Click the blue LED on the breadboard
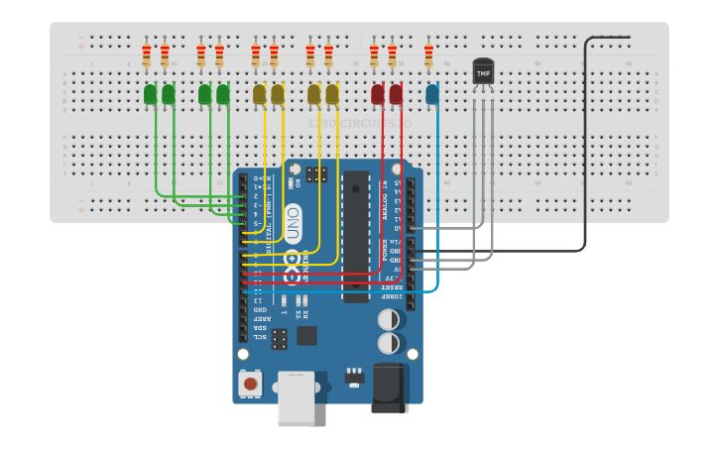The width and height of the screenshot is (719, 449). pos(431,94)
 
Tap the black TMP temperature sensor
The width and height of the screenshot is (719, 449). pos(483,74)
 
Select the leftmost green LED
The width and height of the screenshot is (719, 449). pos(150,94)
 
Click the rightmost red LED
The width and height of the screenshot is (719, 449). pos(396,94)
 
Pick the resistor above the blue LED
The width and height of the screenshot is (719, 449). pos(428,55)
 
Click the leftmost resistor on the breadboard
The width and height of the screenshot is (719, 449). pos(147,55)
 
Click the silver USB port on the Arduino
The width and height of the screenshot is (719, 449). pos(296,398)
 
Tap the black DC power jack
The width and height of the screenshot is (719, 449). pos(390,387)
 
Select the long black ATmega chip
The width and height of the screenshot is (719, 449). pos(356,236)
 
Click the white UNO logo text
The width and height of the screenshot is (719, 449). pos(294,224)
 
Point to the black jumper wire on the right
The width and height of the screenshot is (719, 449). pos(585,149)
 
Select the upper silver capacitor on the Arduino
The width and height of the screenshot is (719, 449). pos(390,320)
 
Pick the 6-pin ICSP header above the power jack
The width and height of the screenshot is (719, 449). pos(280,340)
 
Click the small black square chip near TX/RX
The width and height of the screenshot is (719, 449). pos(307,335)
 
